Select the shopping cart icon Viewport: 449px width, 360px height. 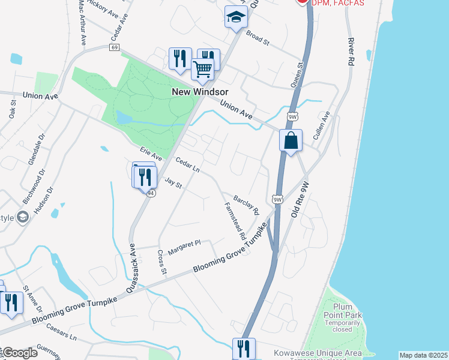(203, 70)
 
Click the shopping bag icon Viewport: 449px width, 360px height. (291, 141)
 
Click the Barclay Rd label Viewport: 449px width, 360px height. (246, 203)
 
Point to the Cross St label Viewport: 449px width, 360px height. (161, 262)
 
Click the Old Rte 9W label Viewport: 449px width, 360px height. (300, 200)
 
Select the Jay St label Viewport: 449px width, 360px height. (173, 182)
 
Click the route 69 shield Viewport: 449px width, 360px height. (115, 47)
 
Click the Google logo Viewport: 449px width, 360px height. (20, 353)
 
